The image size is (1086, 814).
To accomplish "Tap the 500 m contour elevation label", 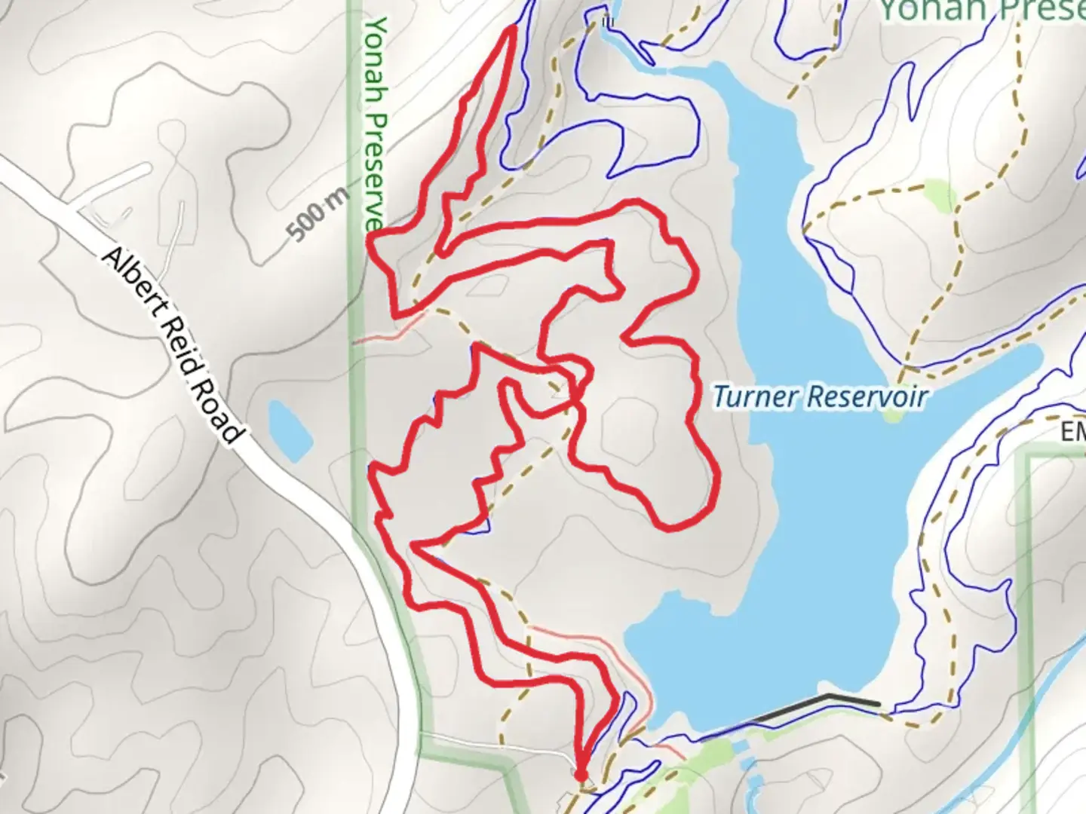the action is (319, 214).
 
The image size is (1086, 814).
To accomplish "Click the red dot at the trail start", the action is (580, 775).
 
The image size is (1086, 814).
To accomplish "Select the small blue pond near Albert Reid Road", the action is (290, 430).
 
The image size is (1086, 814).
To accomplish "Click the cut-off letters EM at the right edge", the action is (1072, 433).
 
